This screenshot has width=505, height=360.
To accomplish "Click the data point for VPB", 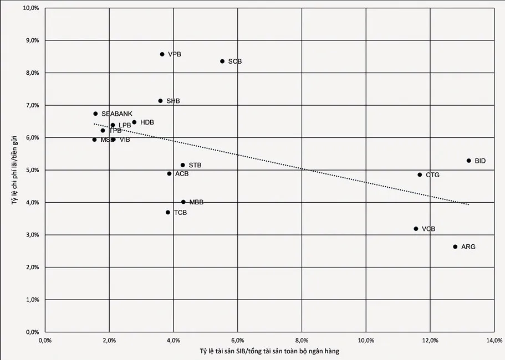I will click(x=162, y=54).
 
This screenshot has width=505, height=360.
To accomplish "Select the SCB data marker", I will click(x=222, y=61).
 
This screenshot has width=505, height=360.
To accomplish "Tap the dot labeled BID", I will click(x=468, y=161).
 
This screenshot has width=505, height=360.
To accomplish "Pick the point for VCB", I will click(x=416, y=229).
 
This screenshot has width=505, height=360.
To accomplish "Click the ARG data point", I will click(x=455, y=247).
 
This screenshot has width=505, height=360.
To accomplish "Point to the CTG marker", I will click(x=420, y=175).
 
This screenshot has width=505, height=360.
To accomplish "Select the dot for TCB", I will click(x=168, y=212).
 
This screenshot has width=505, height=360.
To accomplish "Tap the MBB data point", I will click(x=183, y=202).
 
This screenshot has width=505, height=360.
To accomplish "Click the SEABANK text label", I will click(x=117, y=114).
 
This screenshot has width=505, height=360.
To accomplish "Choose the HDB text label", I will click(x=147, y=122).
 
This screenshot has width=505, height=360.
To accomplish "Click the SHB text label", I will click(x=173, y=101).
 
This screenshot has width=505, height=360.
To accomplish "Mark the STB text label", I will click(x=195, y=166).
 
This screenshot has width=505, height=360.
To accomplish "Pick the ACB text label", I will click(x=182, y=174).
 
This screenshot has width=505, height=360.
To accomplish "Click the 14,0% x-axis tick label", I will click(x=494, y=341).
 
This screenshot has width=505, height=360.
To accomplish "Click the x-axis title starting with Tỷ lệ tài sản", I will click(x=270, y=352).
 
